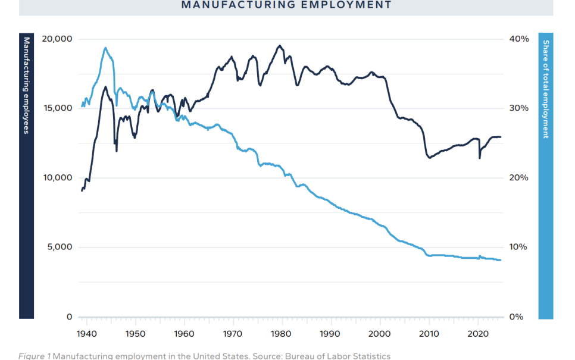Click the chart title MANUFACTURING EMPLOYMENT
click(x=286, y=5)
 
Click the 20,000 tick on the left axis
click(x=58, y=39)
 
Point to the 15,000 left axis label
click(x=58, y=108)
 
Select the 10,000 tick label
click(x=58, y=178)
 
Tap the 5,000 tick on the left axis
click(x=60, y=248)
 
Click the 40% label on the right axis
click(x=518, y=39)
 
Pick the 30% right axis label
click(x=518, y=108)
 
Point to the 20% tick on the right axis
click(x=518, y=178)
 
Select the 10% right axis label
click(x=518, y=248)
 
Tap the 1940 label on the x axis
click(x=87, y=334)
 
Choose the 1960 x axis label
click(x=185, y=334)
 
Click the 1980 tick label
click(x=283, y=334)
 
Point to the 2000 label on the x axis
click(x=380, y=334)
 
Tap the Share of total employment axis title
click(x=546, y=89)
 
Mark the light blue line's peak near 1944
click(x=105, y=48)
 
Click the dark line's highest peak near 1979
click(x=280, y=46)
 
